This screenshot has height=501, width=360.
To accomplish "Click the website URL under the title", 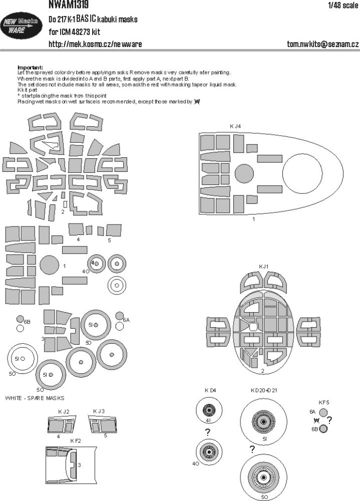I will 95,45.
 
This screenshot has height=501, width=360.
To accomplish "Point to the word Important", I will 30,67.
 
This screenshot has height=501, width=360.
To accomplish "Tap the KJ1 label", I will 263,266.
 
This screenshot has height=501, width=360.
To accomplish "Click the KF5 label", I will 324,402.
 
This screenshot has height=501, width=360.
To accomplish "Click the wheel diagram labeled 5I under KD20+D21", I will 263,419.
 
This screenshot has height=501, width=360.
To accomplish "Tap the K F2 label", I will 76,440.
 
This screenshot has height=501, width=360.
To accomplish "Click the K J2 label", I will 63,411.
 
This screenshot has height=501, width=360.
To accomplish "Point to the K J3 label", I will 99,411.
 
